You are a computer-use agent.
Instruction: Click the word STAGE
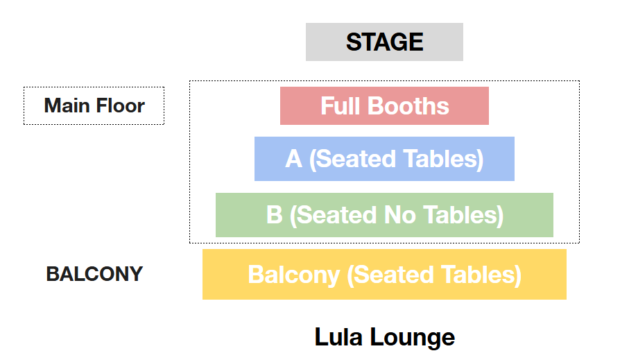click(384, 42)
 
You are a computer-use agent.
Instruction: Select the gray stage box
click(326, 42)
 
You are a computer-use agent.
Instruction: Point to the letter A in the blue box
click(293, 159)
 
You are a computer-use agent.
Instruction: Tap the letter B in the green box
click(274, 215)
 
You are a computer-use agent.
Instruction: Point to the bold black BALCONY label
click(94, 274)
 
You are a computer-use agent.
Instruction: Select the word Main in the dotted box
click(67, 106)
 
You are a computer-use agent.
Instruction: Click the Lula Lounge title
click(384, 337)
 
